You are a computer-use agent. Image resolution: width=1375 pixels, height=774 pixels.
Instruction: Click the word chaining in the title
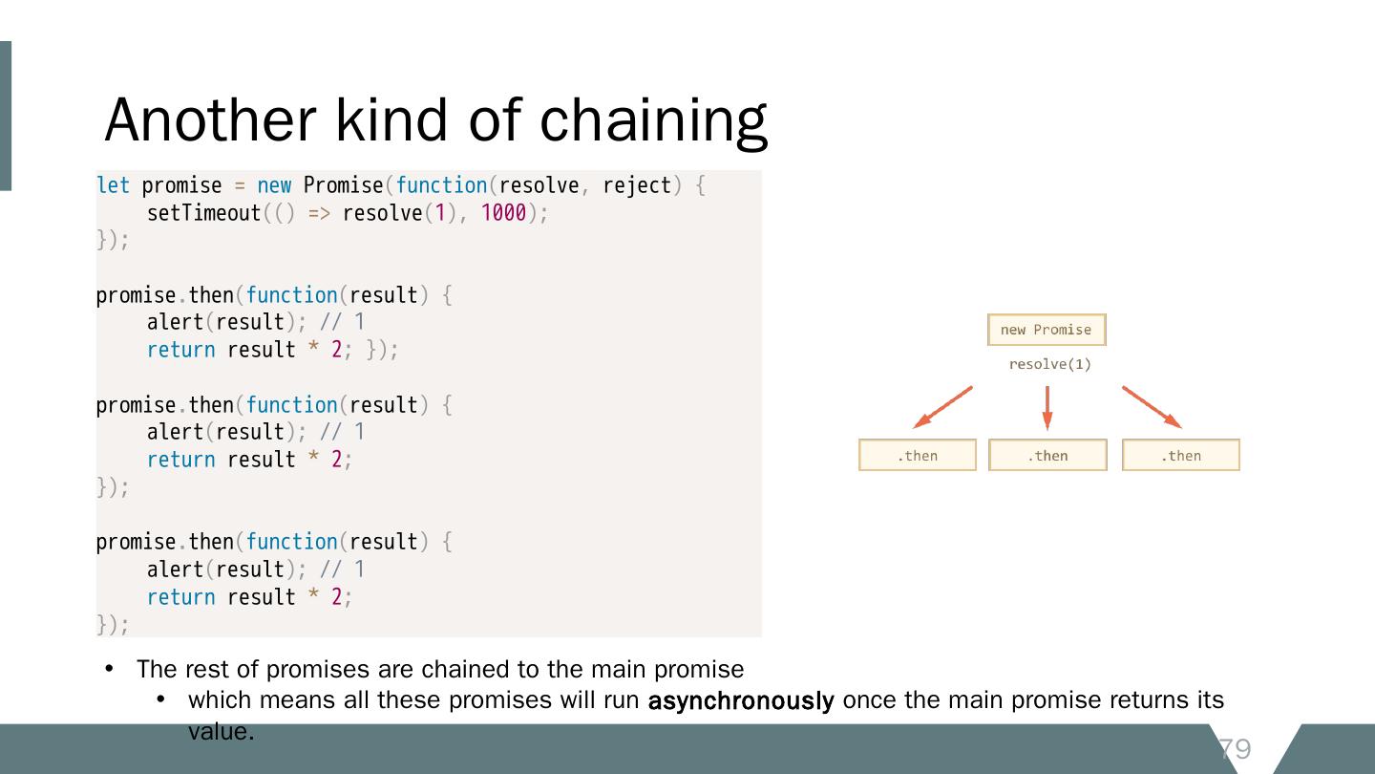[653, 122]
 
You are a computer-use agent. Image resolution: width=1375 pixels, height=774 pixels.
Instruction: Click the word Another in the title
[210, 120]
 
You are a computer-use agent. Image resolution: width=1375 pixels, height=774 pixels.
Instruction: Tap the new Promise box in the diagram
[1046, 330]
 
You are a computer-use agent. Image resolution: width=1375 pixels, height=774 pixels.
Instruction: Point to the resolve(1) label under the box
[1049, 364]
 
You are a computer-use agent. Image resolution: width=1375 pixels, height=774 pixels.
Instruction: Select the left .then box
[917, 456]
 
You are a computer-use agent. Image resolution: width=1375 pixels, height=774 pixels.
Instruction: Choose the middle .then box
[1047, 456]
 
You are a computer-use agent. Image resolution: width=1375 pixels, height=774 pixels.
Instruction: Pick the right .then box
[1180, 456]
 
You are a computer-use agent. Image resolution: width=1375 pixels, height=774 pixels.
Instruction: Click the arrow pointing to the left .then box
[941, 407]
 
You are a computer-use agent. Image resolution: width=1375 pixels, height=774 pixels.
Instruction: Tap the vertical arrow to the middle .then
[1047, 407]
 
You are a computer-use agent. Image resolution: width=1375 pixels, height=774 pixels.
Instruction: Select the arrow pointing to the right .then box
[1153, 407]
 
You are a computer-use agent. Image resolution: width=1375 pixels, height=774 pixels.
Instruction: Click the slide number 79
[1235, 749]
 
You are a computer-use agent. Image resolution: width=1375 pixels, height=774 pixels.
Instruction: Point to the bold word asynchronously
[741, 700]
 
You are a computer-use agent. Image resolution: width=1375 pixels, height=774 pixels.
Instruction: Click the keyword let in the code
[113, 185]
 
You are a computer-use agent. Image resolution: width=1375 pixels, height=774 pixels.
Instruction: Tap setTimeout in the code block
[203, 213]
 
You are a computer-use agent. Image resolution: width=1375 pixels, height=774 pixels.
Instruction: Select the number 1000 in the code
[503, 213]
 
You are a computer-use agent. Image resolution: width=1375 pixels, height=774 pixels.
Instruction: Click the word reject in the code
[637, 185]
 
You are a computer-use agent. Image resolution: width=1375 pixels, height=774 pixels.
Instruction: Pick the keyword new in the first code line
[274, 185]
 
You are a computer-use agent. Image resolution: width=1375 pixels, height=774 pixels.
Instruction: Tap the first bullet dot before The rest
[109, 669]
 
